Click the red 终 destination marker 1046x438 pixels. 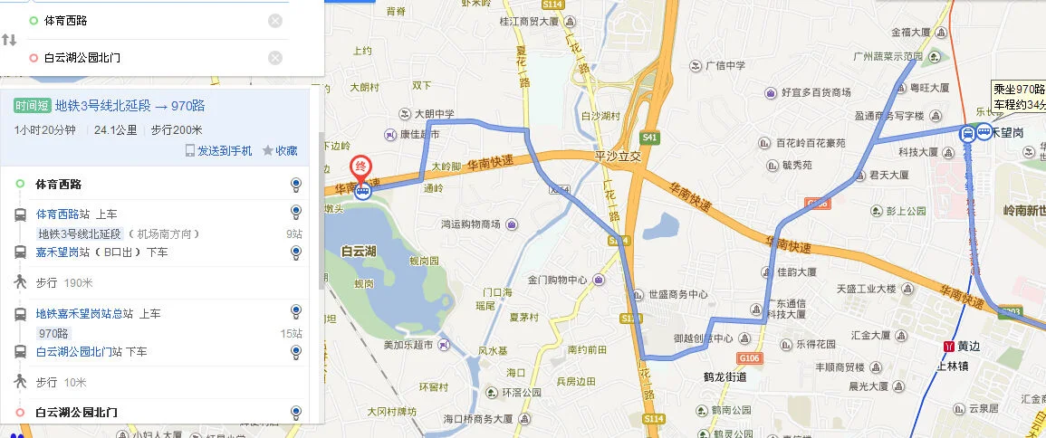[360, 167]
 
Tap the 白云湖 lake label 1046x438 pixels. [360, 251]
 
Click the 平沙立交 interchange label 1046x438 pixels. [617, 156]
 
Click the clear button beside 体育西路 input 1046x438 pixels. [275, 21]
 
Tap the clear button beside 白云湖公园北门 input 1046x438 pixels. [275, 58]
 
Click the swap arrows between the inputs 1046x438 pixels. [10, 40]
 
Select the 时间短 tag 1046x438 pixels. [32, 106]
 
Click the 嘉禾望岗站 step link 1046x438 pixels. [64, 252]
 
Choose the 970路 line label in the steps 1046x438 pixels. [53, 333]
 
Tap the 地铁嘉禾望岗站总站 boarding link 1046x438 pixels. [85, 314]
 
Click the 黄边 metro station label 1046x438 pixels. [968, 346]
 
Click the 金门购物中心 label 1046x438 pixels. [557, 280]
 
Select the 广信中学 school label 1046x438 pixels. [725, 65]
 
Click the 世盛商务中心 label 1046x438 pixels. [677, 294]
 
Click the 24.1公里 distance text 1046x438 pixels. [116, 130]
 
